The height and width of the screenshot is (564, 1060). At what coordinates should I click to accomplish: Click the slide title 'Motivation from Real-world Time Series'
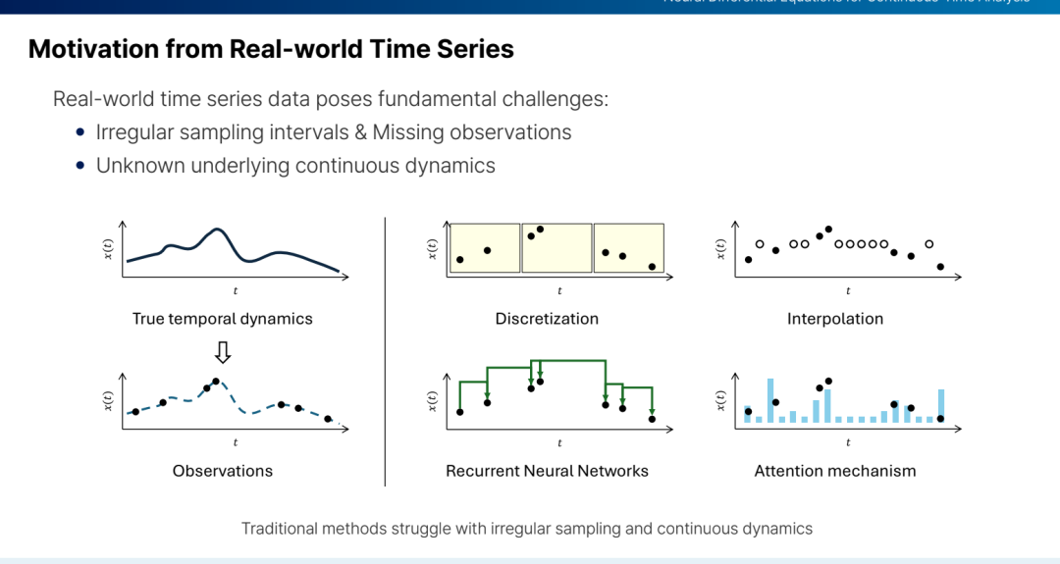tap(271, 49)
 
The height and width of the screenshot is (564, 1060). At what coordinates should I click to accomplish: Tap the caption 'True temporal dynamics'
tap(223, 319)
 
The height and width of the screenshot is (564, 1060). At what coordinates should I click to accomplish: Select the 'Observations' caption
tap(223, 471)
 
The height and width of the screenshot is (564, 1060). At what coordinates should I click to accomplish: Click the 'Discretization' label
tap(547, 319)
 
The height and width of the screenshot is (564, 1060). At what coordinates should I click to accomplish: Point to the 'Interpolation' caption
tap(835, 319)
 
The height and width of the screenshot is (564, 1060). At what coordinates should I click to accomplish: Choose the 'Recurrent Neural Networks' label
tap(547, 471)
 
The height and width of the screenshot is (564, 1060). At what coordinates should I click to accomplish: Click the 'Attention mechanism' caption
tap(835, 471)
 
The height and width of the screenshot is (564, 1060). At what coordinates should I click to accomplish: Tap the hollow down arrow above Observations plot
tap(223, 351)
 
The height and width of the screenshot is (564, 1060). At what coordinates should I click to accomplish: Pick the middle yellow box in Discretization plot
tap(556, 247)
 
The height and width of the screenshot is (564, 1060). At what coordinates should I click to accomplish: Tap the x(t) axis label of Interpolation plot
tap(720, 249)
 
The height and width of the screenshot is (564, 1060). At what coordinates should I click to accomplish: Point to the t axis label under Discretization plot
tap(559, 291)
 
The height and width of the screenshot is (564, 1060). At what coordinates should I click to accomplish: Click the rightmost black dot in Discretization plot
tap(652, 267)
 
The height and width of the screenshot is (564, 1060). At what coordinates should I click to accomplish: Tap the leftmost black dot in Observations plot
tap(135, 412)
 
